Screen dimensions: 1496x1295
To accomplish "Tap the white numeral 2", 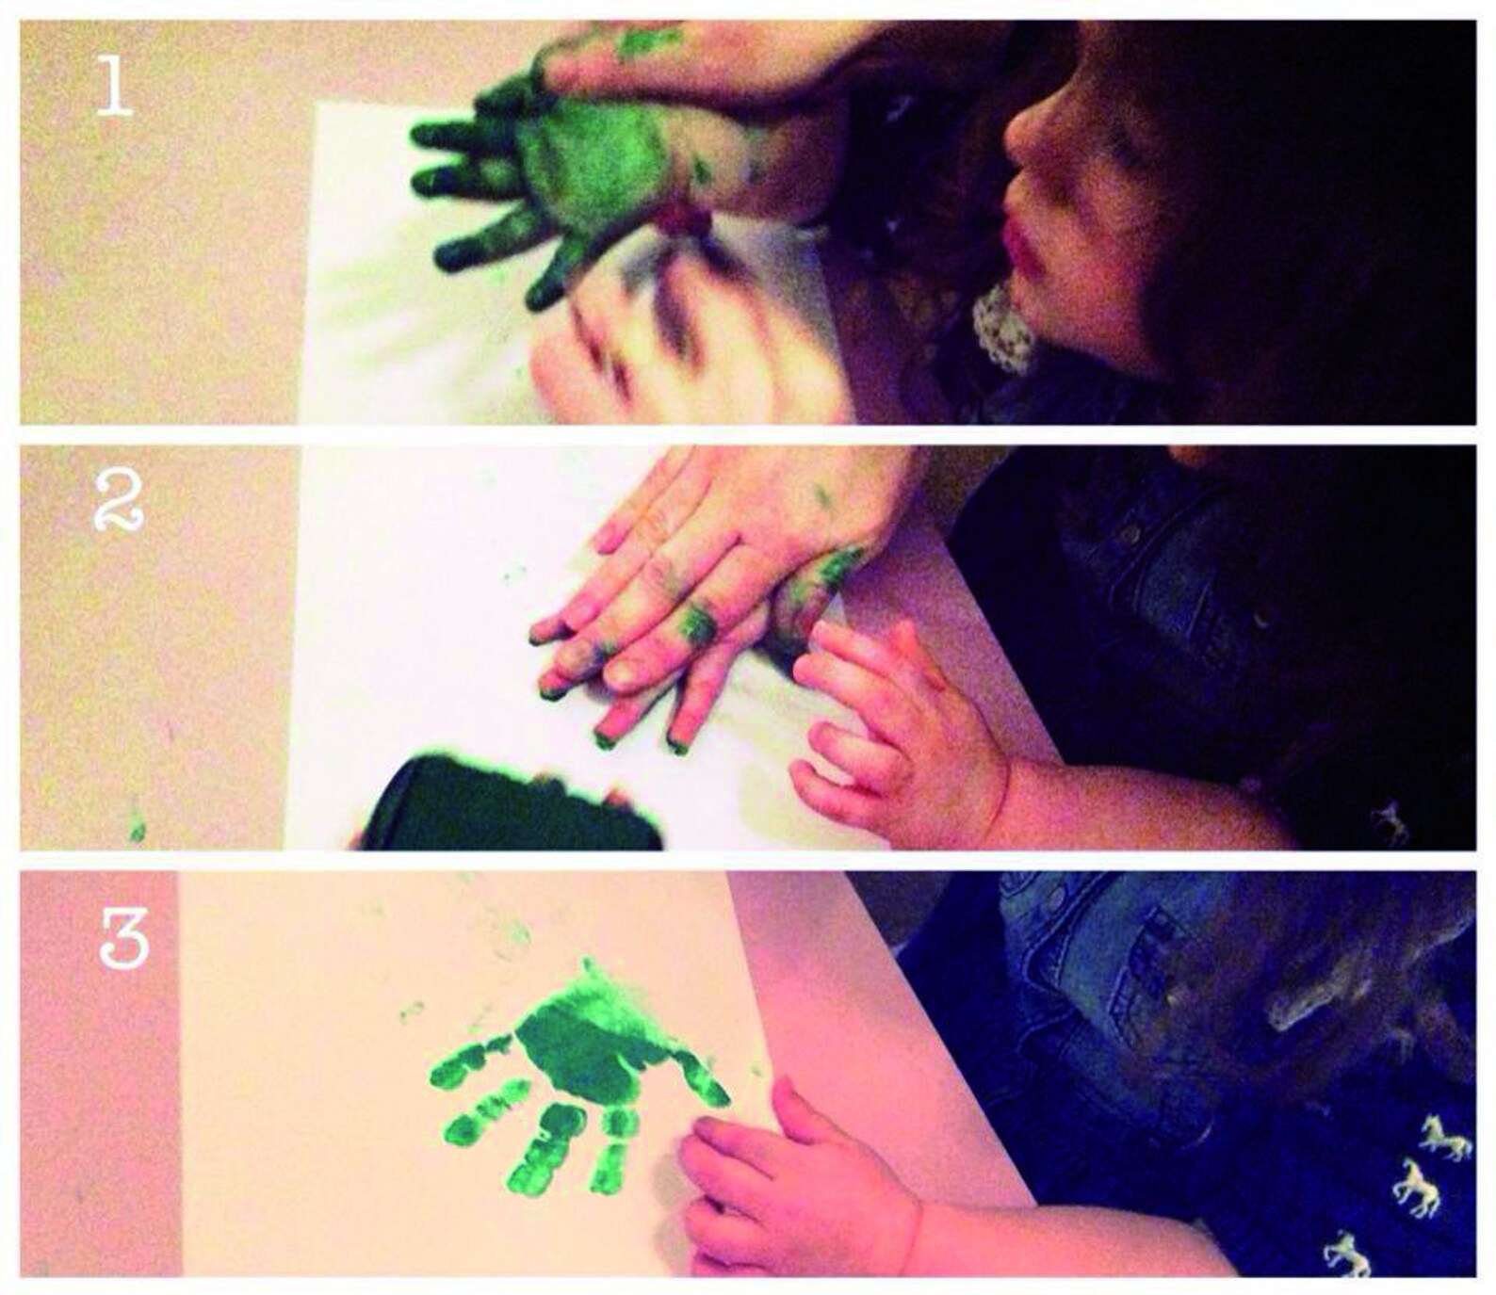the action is pos(119,501).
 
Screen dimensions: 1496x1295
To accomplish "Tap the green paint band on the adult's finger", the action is pos(696,623).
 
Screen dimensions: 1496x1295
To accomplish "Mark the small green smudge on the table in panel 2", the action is pos(138,827).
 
